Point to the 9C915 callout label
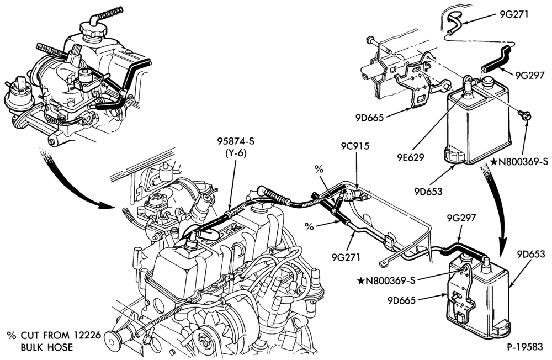coord(355,146)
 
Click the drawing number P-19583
coord(525,347)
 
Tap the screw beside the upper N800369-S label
coord(525,115)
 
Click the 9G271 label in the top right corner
coord(514,14)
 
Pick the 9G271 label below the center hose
coord(346,257)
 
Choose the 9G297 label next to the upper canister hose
coord(530,75)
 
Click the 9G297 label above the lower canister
coord(461,218)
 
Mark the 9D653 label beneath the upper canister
coord(428,192)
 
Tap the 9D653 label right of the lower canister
coord(531,254)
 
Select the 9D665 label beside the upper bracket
coord(369,118)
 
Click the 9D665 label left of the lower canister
coord(402,300)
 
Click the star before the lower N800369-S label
coord(360,280)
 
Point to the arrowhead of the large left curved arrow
coord(105,205)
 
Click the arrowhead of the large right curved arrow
coord(504,243)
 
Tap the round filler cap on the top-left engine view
coord(93,29)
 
